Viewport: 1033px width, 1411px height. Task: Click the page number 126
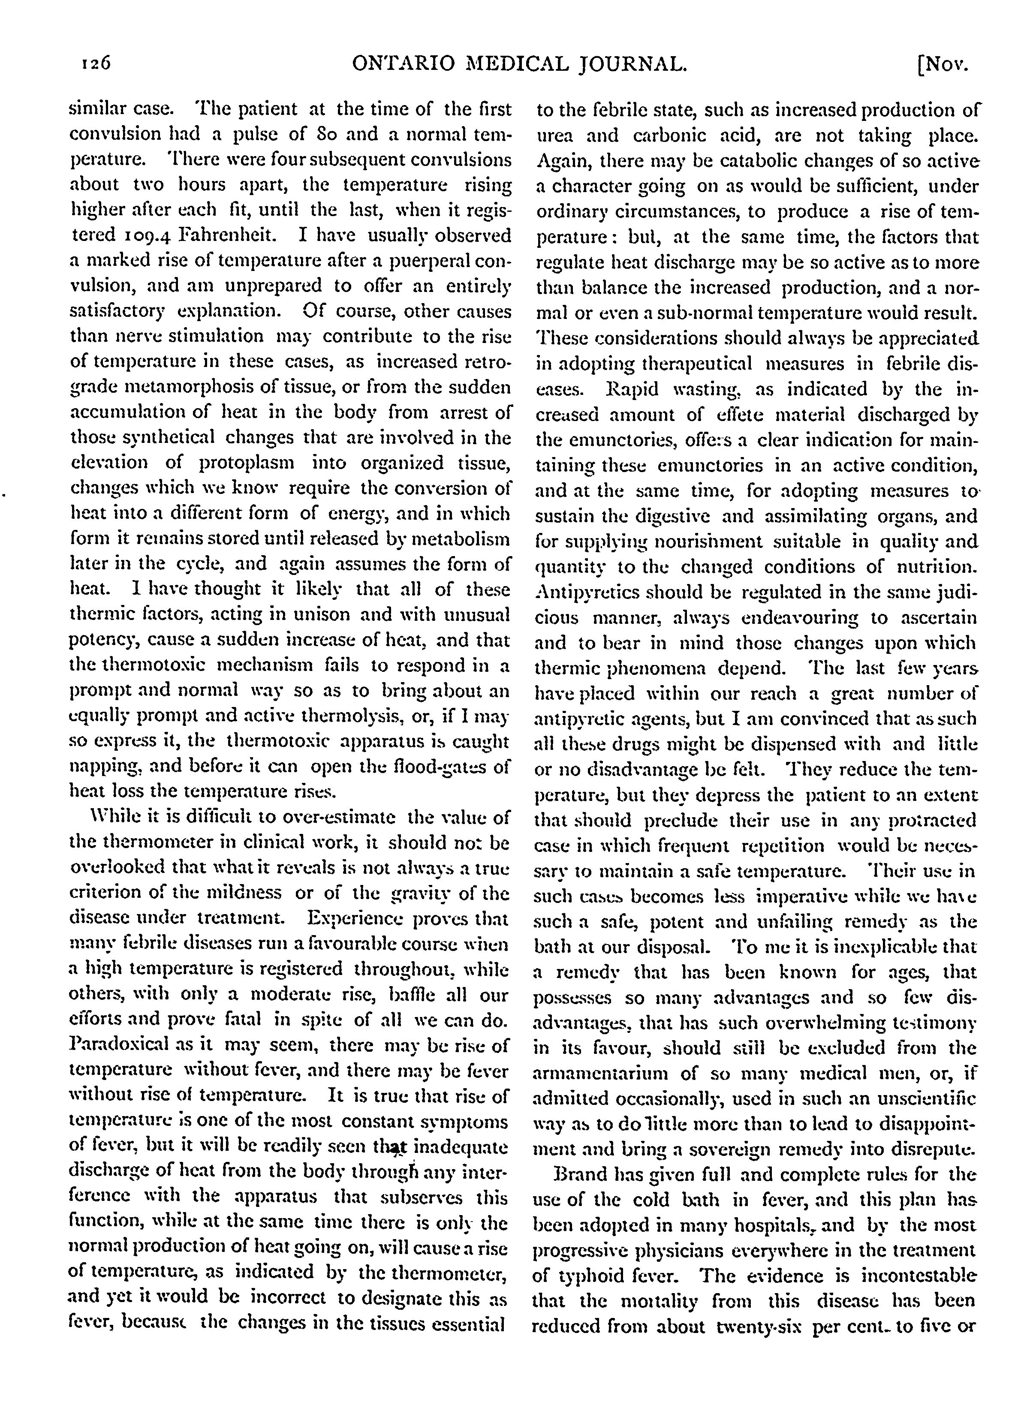pos(94,64)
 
